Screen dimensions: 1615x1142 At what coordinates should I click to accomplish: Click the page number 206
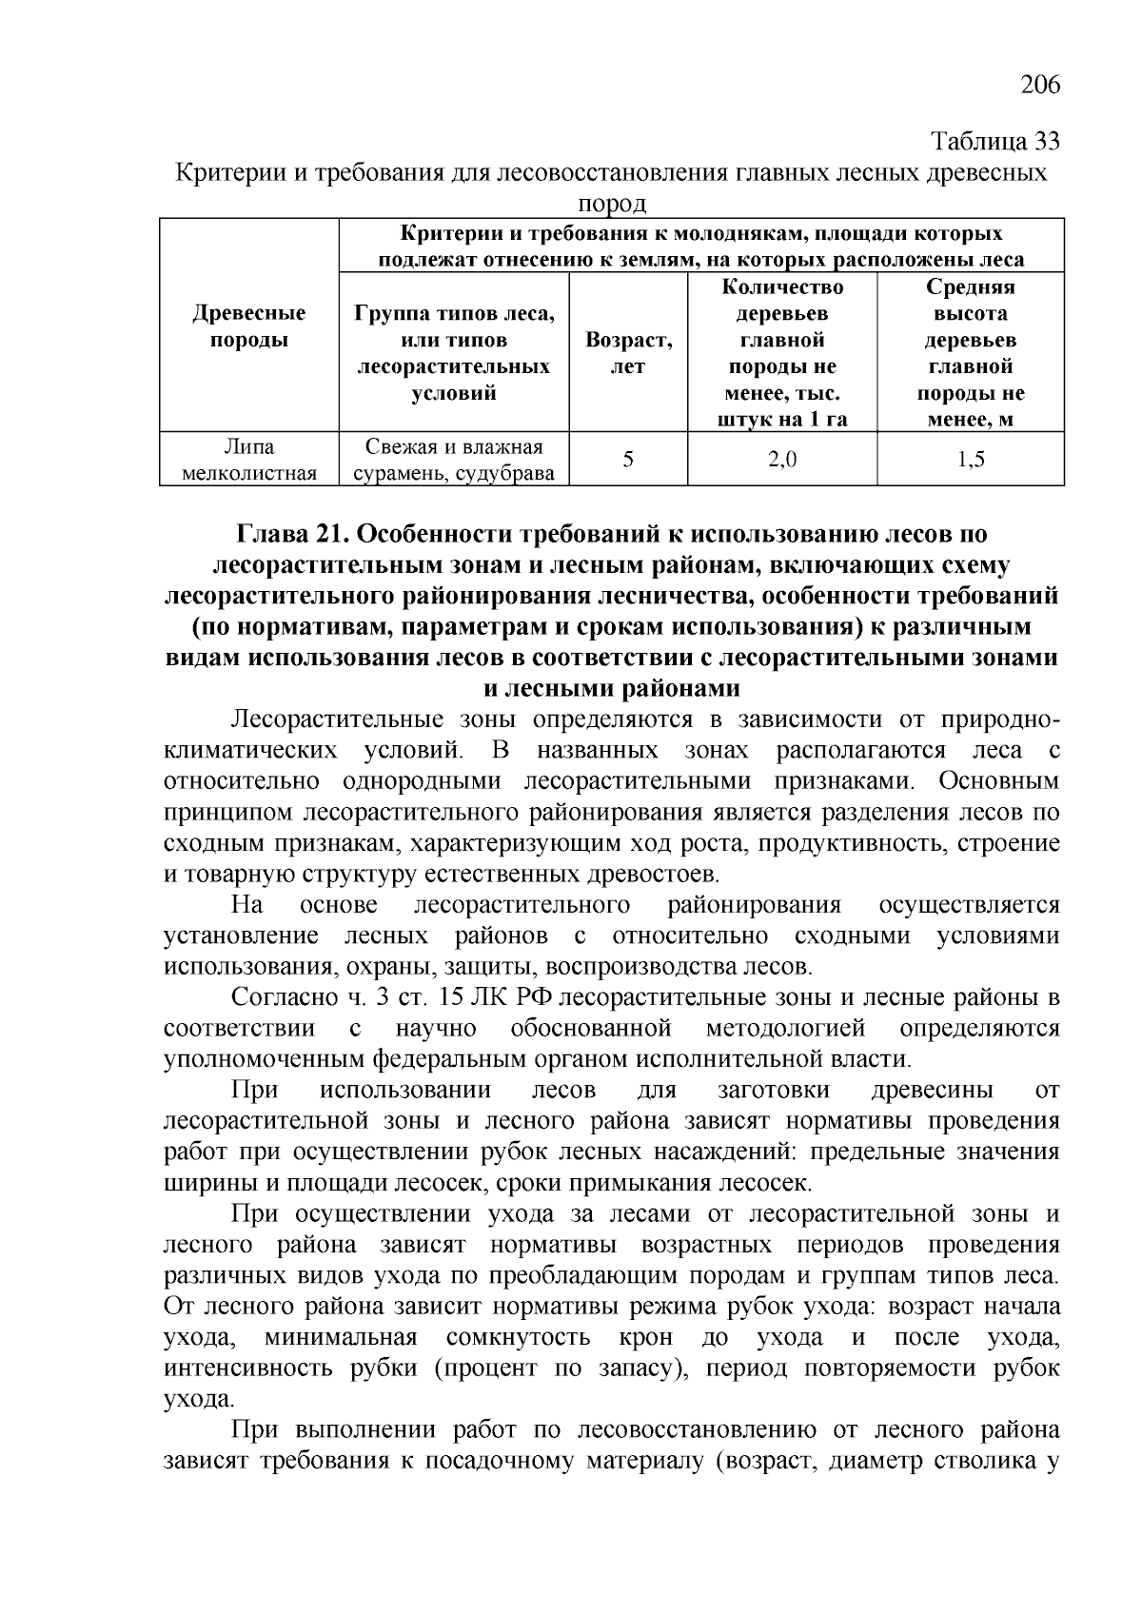click(1039, 86)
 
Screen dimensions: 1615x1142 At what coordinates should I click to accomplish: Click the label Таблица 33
click(994, 143)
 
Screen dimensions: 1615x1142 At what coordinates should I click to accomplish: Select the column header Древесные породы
click(249, 326)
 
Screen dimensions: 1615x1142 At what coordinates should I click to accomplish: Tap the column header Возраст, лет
click(628, 353)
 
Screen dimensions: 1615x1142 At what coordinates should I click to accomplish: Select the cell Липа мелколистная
click(249, 460)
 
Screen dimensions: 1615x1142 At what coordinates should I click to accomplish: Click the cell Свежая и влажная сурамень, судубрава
click(454, 460)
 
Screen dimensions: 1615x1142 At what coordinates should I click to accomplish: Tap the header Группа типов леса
click(454, 314)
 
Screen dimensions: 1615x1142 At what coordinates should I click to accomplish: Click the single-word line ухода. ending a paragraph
click(199, 1400)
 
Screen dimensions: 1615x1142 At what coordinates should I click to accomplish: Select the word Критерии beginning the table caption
click(226, 173)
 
